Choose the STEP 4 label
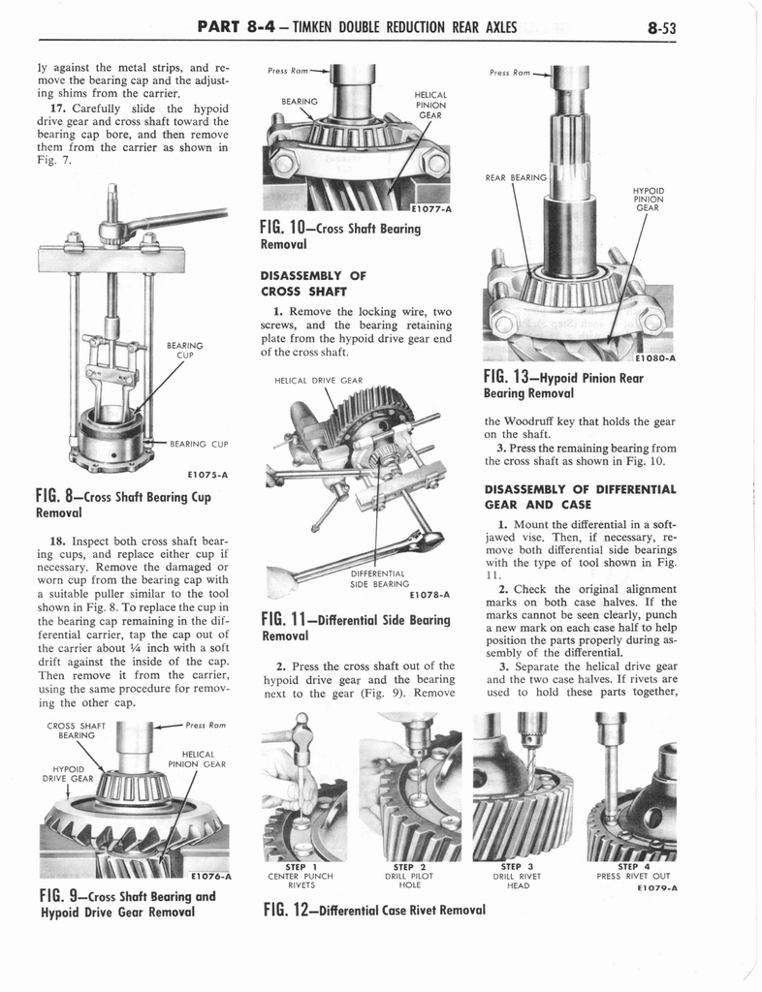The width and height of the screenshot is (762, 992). click(x=636, y=866)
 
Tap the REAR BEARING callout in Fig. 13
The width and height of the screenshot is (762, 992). click(x=515, y=177)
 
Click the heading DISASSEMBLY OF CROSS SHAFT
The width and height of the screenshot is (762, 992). click(x=303, y=282)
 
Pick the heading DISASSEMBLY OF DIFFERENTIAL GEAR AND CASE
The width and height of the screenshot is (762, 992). click(x=579, y=496)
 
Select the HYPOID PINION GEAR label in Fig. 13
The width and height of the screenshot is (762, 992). click(x=647, y=199)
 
